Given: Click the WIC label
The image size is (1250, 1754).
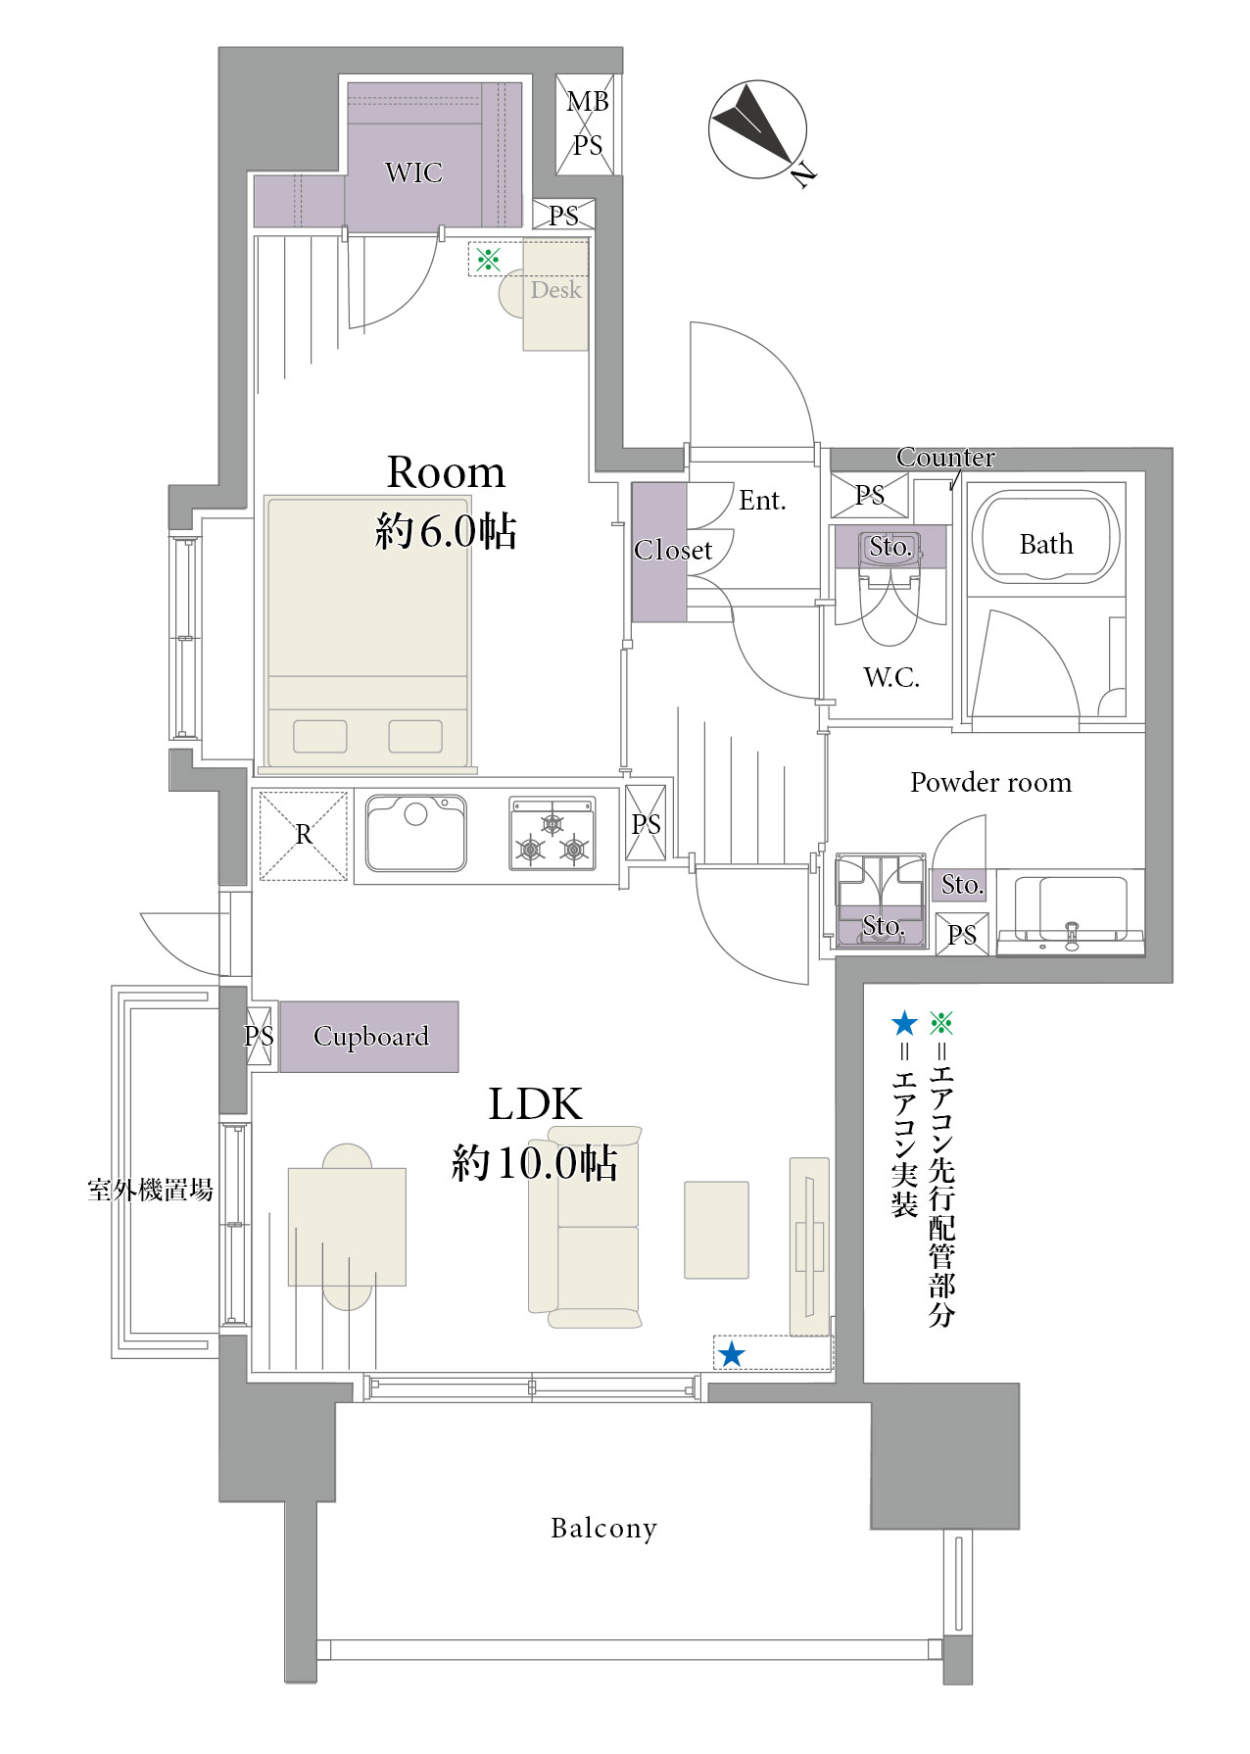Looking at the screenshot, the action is [413, 172].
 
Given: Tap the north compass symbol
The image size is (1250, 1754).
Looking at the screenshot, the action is [758, 131].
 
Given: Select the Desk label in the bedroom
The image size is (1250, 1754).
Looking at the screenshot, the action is [555, 290].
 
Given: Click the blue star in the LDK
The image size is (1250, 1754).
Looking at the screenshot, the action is [732, 1354].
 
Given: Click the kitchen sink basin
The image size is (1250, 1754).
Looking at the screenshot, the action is [415, 833].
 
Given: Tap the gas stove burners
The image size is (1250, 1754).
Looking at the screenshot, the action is [553, 834].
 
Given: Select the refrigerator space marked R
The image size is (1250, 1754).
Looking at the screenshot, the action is [304, 835].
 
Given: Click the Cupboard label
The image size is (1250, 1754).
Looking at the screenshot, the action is [371, 1037].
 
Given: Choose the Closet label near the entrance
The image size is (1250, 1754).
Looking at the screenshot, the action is [673, 550].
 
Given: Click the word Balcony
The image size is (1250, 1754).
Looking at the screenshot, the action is [603, 1529].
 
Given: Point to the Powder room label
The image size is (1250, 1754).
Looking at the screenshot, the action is [990, 783].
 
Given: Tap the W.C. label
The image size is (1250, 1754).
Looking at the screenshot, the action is [891, 677].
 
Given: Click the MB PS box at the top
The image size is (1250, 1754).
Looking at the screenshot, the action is [587, 124].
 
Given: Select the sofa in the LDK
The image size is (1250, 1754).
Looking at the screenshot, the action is [586, 1227].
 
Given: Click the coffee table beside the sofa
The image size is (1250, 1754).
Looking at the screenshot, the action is [716, 1230].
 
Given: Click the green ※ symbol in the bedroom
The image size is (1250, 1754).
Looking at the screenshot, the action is [488, 260].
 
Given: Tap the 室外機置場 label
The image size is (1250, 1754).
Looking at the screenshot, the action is [150, 1191].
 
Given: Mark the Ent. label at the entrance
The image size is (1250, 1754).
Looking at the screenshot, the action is [762, 501].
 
